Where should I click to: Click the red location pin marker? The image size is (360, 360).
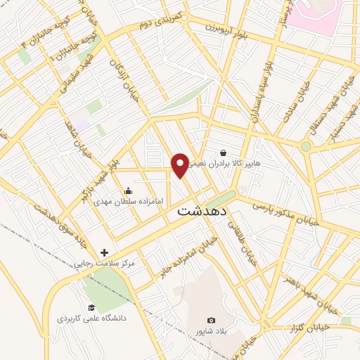point(180,165)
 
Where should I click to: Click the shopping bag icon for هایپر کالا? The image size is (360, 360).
point(223,153)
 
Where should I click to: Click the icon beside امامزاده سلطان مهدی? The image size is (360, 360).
point(128,191)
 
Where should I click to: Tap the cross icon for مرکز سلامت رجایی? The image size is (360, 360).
point(105,252)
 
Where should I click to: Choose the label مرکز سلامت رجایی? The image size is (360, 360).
point(105,264)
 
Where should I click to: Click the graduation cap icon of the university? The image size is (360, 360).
point(91,307)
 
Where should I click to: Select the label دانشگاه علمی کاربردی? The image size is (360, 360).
point(92,319)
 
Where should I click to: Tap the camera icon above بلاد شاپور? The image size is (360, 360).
point(212,321)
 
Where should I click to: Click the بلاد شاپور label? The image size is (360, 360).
point(212,331)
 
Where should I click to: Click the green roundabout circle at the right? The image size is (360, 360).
point(306,146)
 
